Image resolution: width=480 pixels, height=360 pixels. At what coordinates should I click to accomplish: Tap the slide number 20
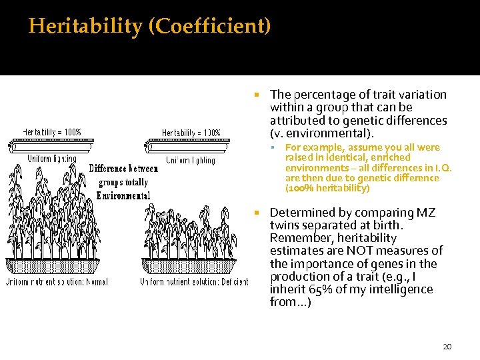point(447,347)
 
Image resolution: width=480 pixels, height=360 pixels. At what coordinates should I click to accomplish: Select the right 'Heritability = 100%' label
point(191,133)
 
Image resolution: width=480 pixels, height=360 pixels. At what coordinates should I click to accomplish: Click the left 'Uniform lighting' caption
point(52,159)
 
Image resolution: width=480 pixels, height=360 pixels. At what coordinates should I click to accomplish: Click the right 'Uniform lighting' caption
point(191,160)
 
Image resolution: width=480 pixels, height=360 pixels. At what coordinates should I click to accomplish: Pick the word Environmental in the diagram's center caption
point(123,195)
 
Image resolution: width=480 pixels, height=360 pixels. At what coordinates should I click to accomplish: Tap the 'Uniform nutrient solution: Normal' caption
point(57,282)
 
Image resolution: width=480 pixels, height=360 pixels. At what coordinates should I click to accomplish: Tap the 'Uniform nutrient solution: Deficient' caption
point(194,282)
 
